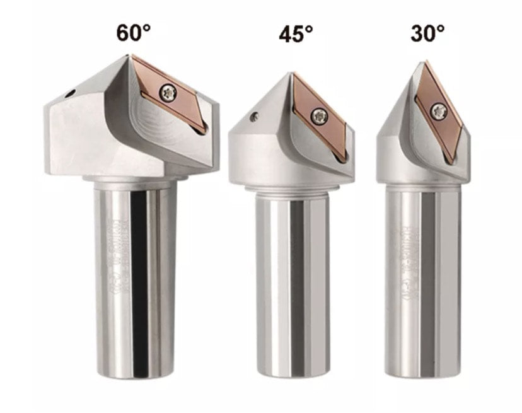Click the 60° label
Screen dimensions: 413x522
click(134, 33)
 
